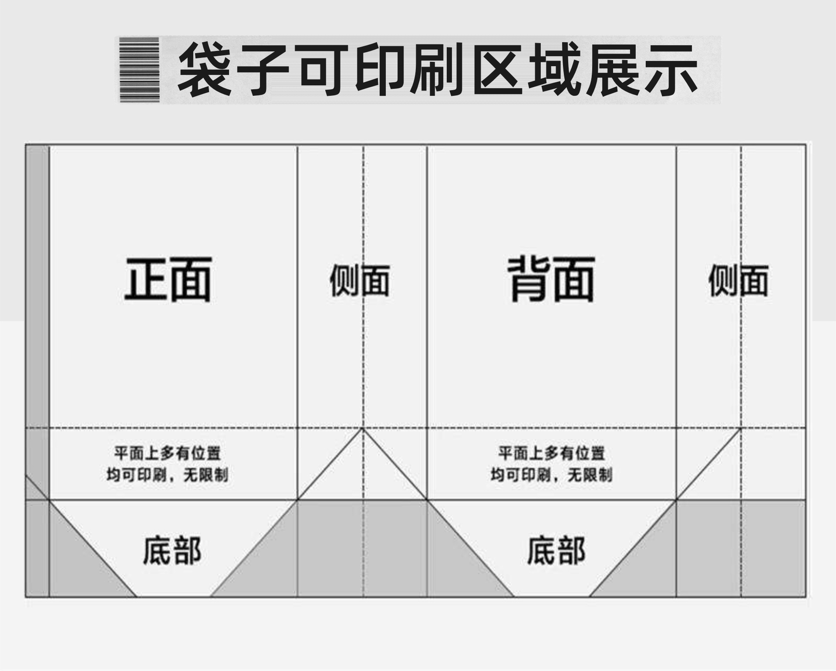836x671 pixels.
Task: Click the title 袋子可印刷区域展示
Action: [438, 70]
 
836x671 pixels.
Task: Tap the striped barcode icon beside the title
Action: [139, 70]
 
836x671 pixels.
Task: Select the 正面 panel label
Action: [168, 280]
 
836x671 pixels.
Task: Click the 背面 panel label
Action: [551, 280]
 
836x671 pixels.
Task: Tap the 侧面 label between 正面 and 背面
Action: [360, 281]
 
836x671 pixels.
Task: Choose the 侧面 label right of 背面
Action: [738, 281]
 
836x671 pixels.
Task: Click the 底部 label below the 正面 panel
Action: [172, 551]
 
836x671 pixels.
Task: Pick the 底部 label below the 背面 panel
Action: [556, 551]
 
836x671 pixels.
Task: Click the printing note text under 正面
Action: [168, 464]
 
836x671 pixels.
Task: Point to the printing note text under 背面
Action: [551, 464]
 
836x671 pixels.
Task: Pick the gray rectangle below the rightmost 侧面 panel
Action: [741, 549]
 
